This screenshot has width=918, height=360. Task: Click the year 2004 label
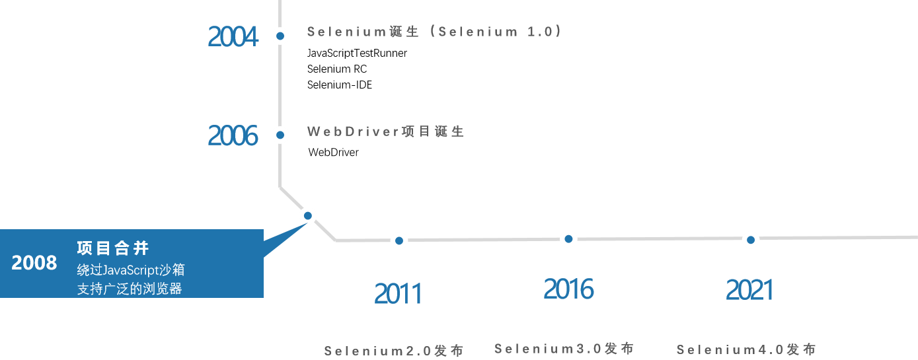pyautogui.click(x=233, y=36)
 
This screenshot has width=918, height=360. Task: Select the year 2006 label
pyautogui.click(x=233, y=135)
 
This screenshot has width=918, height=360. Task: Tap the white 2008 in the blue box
pyautogui.click(x=34, y=263)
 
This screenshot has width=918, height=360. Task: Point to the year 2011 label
pyautogui.click(x=398, y=293)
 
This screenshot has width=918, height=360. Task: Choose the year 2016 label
pyautogui.click(x=568, y=289)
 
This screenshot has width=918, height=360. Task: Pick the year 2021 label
pyautogui.click(x=749, y=290)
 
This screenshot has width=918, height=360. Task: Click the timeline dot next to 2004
pyautogui.click(x=280, y=36)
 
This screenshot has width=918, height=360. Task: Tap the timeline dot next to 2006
pyautogui.click(x=280, y=135)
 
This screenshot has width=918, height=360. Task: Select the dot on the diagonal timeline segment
pyautogui.click(x=307, y=215)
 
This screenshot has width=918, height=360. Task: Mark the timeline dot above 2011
pyautogui.click(x=399, y=240)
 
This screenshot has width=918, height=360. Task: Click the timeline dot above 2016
pyautogui.click(x=568, y=238)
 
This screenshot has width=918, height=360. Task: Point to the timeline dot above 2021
pyautogui.click(x=751, y=240)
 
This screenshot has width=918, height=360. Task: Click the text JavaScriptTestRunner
pyautogui.click(x=357, y=53)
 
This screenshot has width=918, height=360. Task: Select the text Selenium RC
pyautogui.click(x=337, y=69)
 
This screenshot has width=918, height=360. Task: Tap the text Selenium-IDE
pyautogui.click(x=340, y=85)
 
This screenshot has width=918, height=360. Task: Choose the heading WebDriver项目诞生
pyautogui.click(x=386, y=131)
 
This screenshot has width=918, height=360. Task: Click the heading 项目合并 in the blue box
pyautogui.click(x=113, y=248)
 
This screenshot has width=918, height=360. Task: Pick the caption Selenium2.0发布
pyautogui.click(x=394, y=351)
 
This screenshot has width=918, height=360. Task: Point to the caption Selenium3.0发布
pyautogui.click(x=564, y=348)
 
